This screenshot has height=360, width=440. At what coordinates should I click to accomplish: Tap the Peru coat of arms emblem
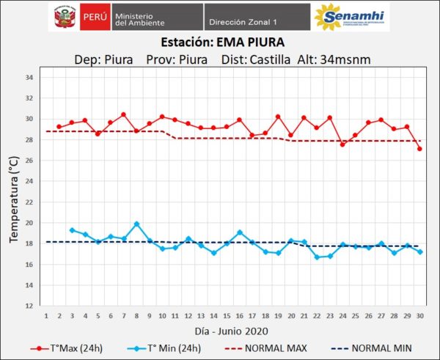coord(64,17)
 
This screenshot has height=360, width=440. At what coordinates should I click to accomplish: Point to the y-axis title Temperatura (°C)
coord(13,192)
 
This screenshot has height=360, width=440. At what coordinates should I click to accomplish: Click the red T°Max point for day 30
coord(419,149)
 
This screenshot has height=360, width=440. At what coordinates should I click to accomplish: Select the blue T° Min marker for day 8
coord(136,224)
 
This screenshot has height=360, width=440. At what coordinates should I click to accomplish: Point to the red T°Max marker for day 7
coord(123,114)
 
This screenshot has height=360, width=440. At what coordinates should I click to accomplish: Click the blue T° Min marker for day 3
coord(72,230)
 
